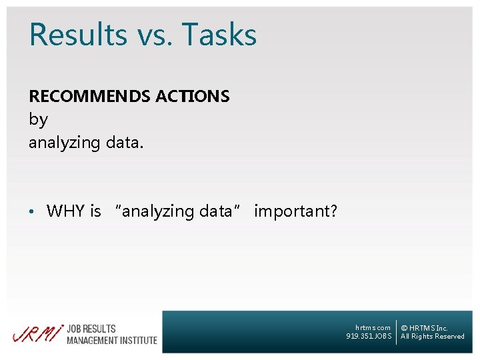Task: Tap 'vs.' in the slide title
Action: pyautogui.click(x=153, y=35)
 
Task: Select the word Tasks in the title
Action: pyautogui.click(x=219, y=35)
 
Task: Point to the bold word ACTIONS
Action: pyautogui.click(x=193, y=97)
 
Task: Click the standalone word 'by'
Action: pyautogui.click(x=38, y=120)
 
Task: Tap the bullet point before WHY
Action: pyautogui.click(x=32, y=212)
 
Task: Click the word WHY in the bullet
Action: pyautogui.click(x=65, y=211)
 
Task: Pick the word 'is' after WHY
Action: pyautogui.click(x=95, y=211)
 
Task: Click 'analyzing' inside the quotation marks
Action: pyautogui.click(x=158, y=211)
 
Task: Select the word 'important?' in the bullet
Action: pyautogui.click(x=295, y=211)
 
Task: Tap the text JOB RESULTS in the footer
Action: pyautogui.click(x=91, y=329)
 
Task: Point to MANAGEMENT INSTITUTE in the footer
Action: pyautogui.click(x=111, y=340)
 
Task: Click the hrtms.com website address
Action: pyautogui.click(x=373, y=327)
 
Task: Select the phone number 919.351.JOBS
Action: pyautogui.click(x=369, y=337)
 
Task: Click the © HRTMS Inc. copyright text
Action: pyautogui.click(x=424, y=328)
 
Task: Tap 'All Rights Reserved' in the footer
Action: pyautogui.click(x=432, y=337)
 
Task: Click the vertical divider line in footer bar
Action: pyautogui.click(x=396, y=332)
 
